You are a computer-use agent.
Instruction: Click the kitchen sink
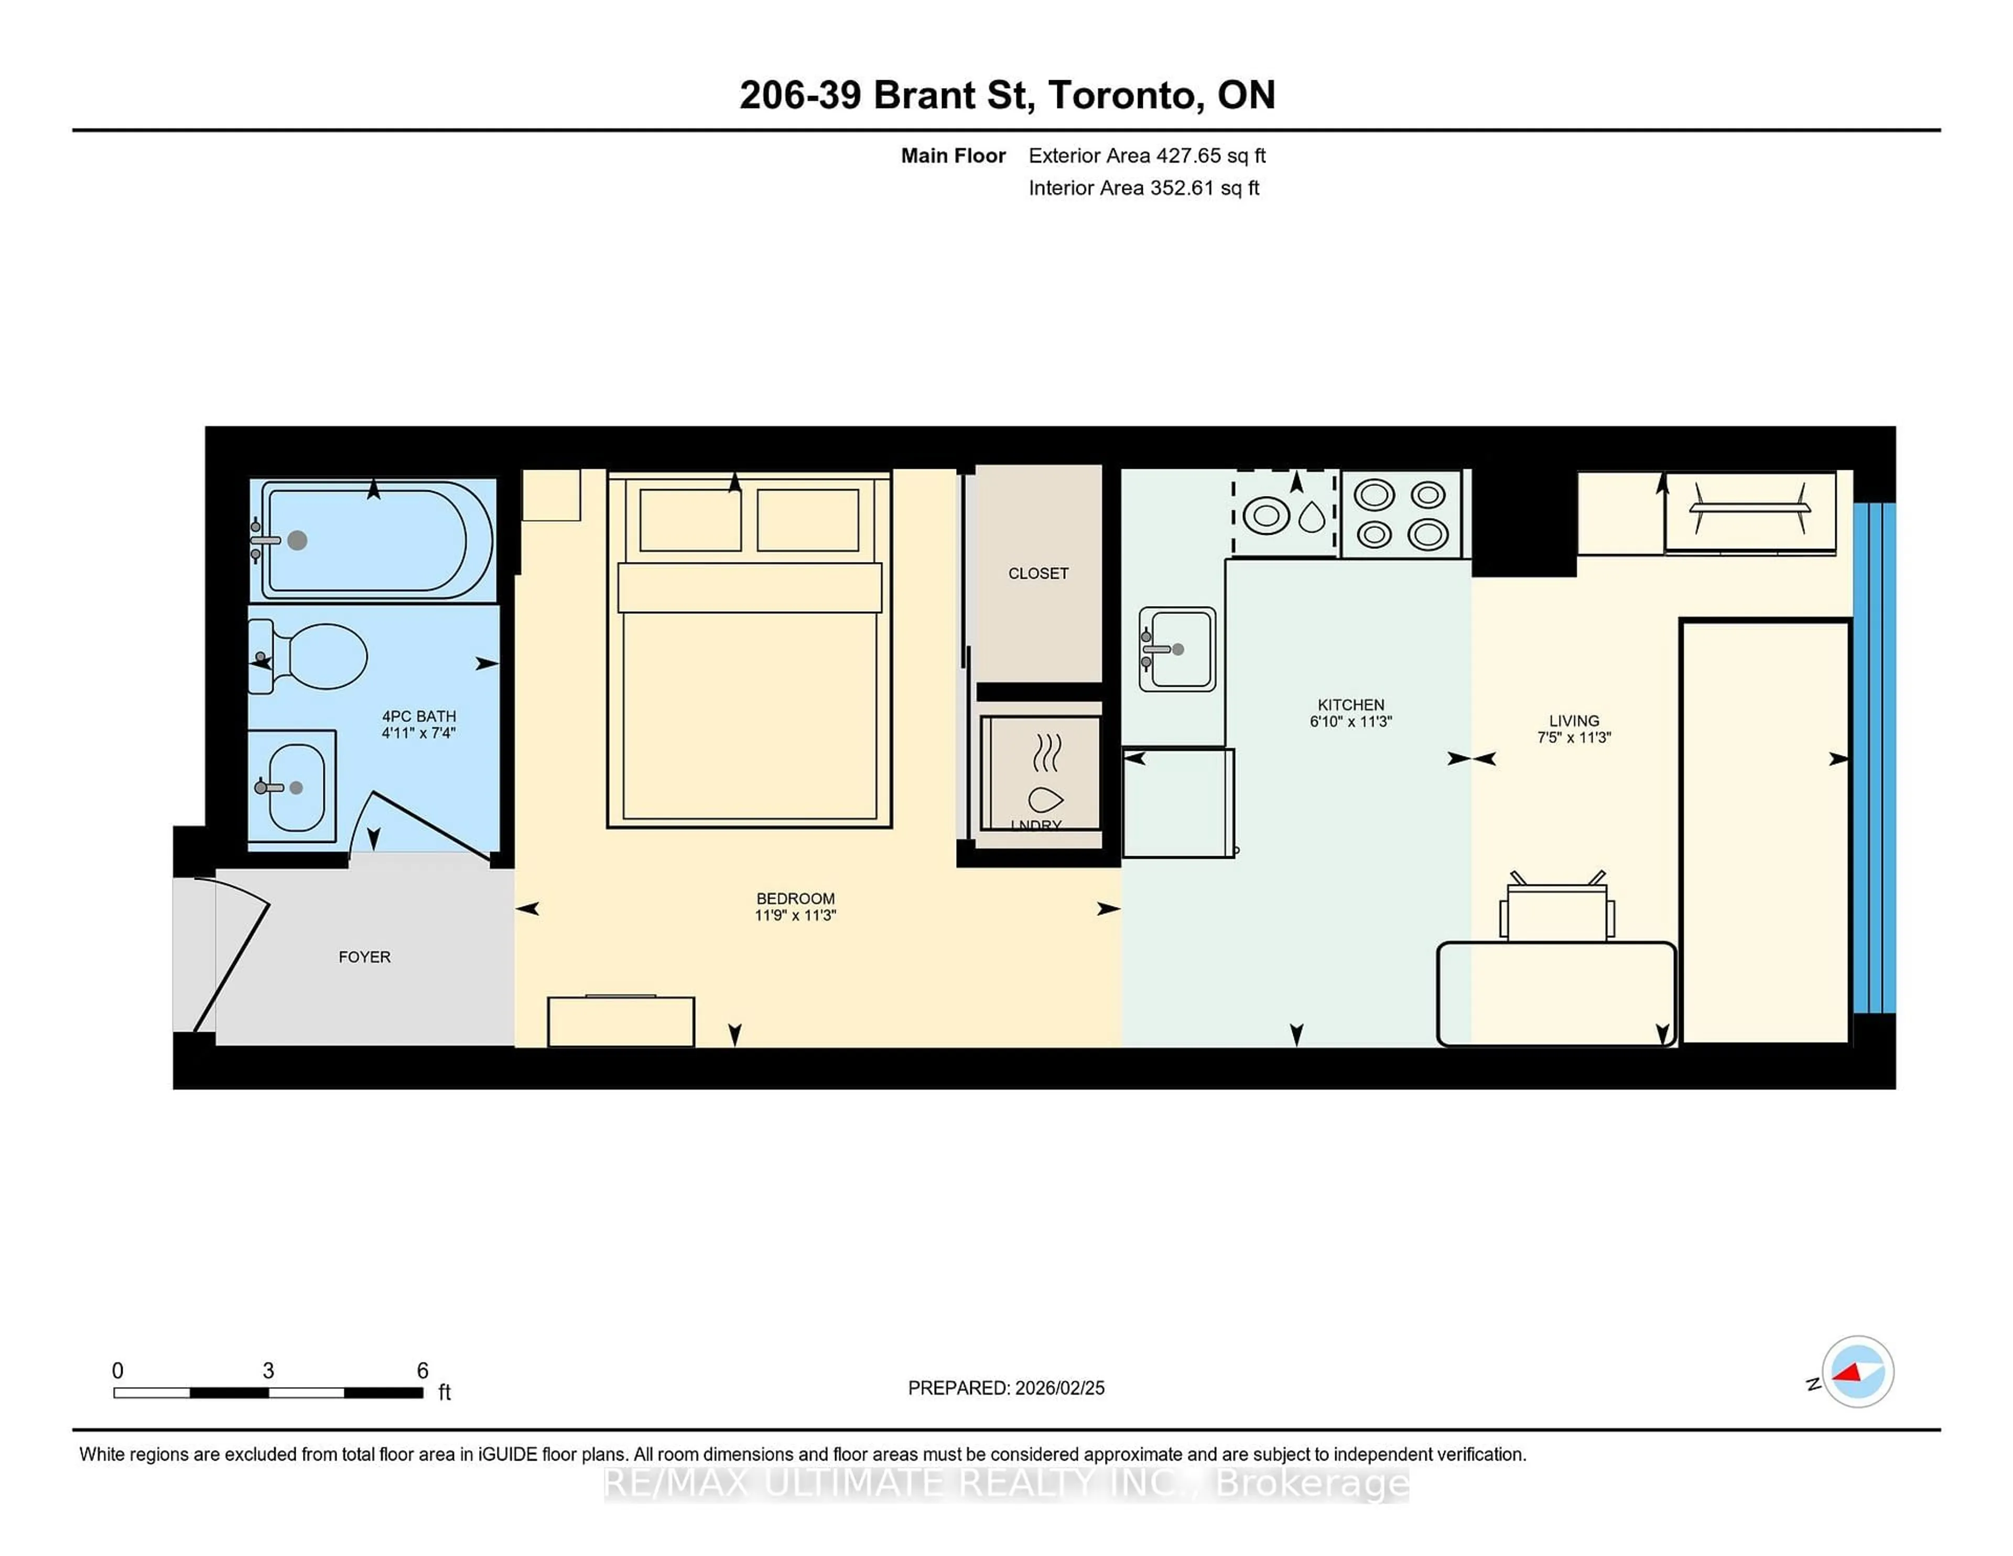tap(1177, 649)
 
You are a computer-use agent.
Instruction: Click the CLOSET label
tap(1038, 574)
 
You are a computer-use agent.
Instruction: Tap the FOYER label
tap(364, 957)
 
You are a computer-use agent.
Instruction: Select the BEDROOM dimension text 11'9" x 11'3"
tap(795, 915)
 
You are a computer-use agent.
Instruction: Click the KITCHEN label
tap(1350, 704)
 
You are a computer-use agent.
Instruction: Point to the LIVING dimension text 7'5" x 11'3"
tap(1573, 738)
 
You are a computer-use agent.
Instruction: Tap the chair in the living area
tap(1557, 911)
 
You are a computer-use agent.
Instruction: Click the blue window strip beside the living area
tap(1874, 758)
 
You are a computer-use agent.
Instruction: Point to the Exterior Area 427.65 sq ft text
tap(1146, 156)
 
